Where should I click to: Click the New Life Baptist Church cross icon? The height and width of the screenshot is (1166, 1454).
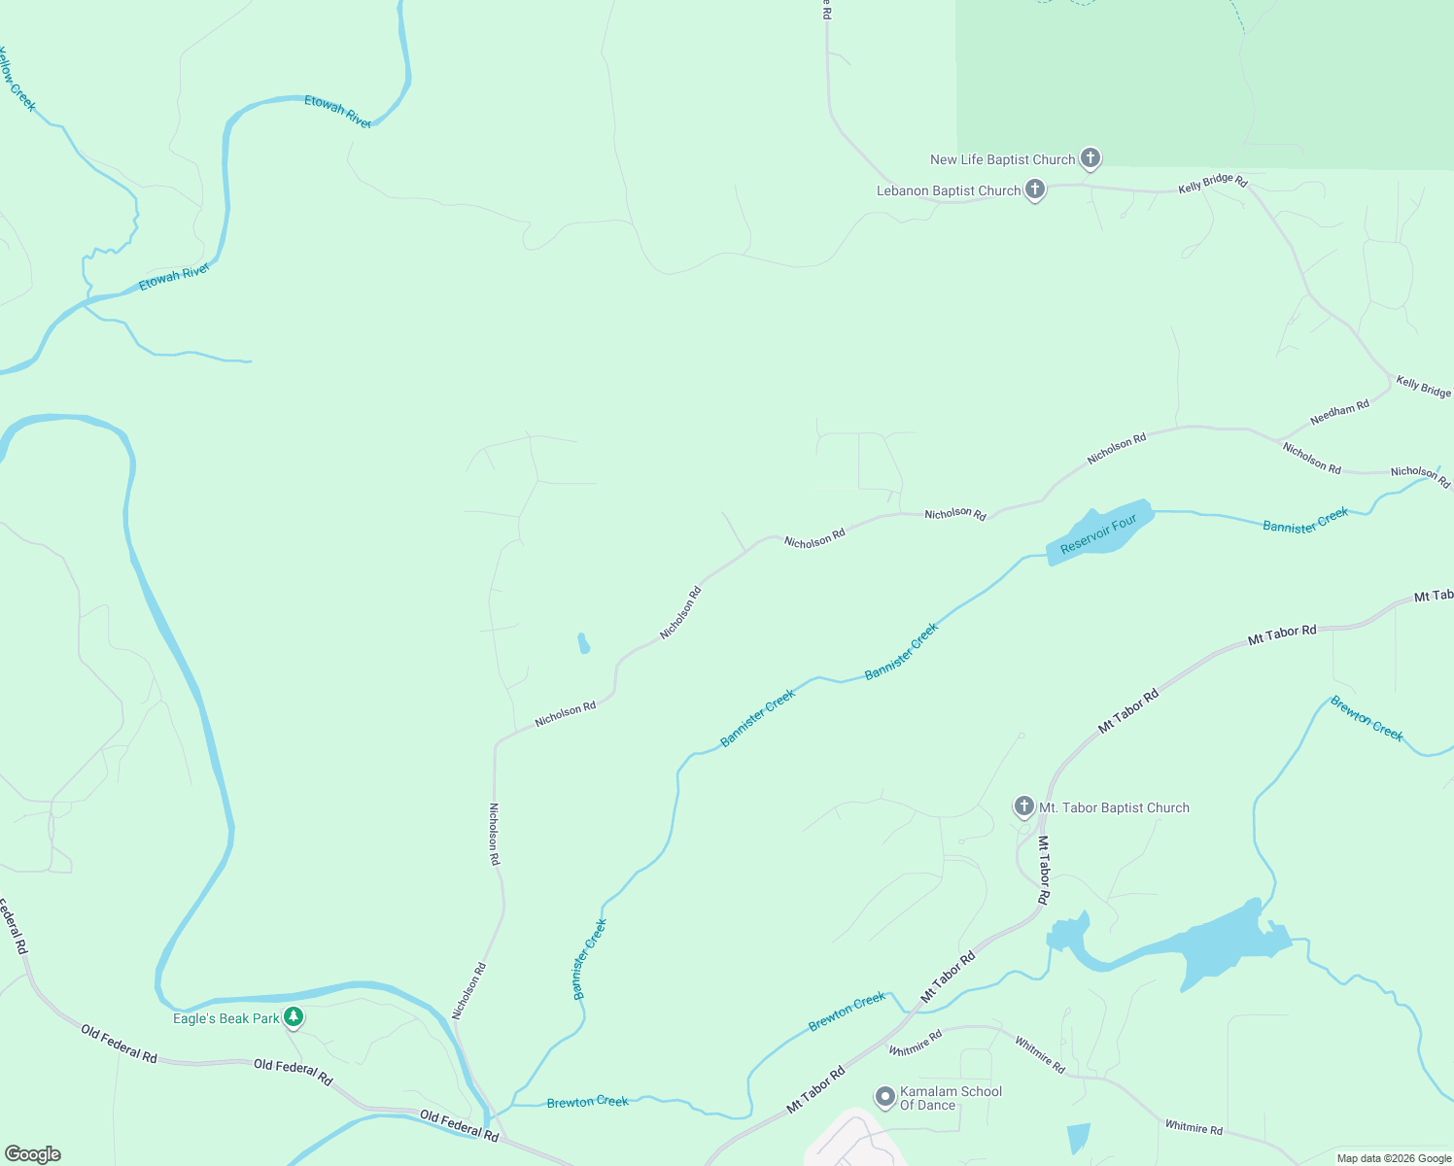tap(1090, 157)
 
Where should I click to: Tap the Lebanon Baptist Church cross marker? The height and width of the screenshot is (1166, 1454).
tap(1035, 189)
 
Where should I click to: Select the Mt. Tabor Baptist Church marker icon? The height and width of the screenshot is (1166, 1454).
tap(1023, 806)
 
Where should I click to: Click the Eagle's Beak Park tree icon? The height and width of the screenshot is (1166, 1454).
tap(294, 1017)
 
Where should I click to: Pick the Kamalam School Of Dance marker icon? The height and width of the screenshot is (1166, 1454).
tap(884, 1097)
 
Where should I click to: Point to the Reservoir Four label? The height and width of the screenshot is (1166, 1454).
tap(1098, 534)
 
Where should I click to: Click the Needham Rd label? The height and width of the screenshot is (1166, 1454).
tap(1339, 413)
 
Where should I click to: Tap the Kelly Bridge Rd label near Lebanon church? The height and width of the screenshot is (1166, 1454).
tap(1212, 183)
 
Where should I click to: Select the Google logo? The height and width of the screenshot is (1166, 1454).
tap(33, 1154)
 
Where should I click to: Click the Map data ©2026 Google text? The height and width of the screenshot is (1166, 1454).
tap(1394, 1158)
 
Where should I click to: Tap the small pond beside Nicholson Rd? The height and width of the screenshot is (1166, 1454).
tap(583, 643)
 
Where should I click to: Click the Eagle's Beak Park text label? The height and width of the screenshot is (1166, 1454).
tap(226, 1018)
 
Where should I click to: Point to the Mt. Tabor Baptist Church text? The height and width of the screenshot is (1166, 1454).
tap(1114, 807)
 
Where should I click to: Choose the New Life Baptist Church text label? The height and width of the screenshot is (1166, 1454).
tap(1002, 159)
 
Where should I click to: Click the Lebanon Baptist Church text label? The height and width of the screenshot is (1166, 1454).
tap(949, 190)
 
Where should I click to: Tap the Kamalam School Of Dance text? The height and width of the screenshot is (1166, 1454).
tap(951, 1098)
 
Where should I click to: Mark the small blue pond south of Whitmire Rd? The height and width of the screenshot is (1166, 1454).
tap(1078, 1138)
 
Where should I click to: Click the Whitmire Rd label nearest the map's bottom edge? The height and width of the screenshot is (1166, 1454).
tap(1194, 1127)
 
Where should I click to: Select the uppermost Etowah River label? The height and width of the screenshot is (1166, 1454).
tap(338, 111)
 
